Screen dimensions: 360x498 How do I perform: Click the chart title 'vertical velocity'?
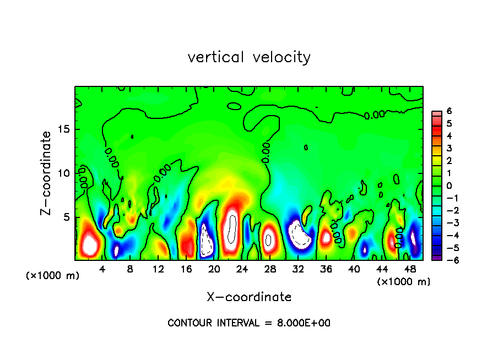(249, 57)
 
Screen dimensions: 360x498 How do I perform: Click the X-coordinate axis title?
(249, 297)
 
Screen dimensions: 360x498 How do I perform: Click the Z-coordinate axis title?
(46, 173)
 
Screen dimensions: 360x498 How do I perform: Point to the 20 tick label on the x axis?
(214, 269)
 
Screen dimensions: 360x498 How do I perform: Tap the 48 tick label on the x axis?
(409, 269)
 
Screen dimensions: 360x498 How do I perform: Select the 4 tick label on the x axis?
(102, 269)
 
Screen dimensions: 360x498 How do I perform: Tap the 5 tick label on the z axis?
(66, 217)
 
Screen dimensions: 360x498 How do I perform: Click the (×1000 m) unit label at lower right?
(404, 281)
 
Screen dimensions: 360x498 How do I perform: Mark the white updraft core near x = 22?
(232, 227)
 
